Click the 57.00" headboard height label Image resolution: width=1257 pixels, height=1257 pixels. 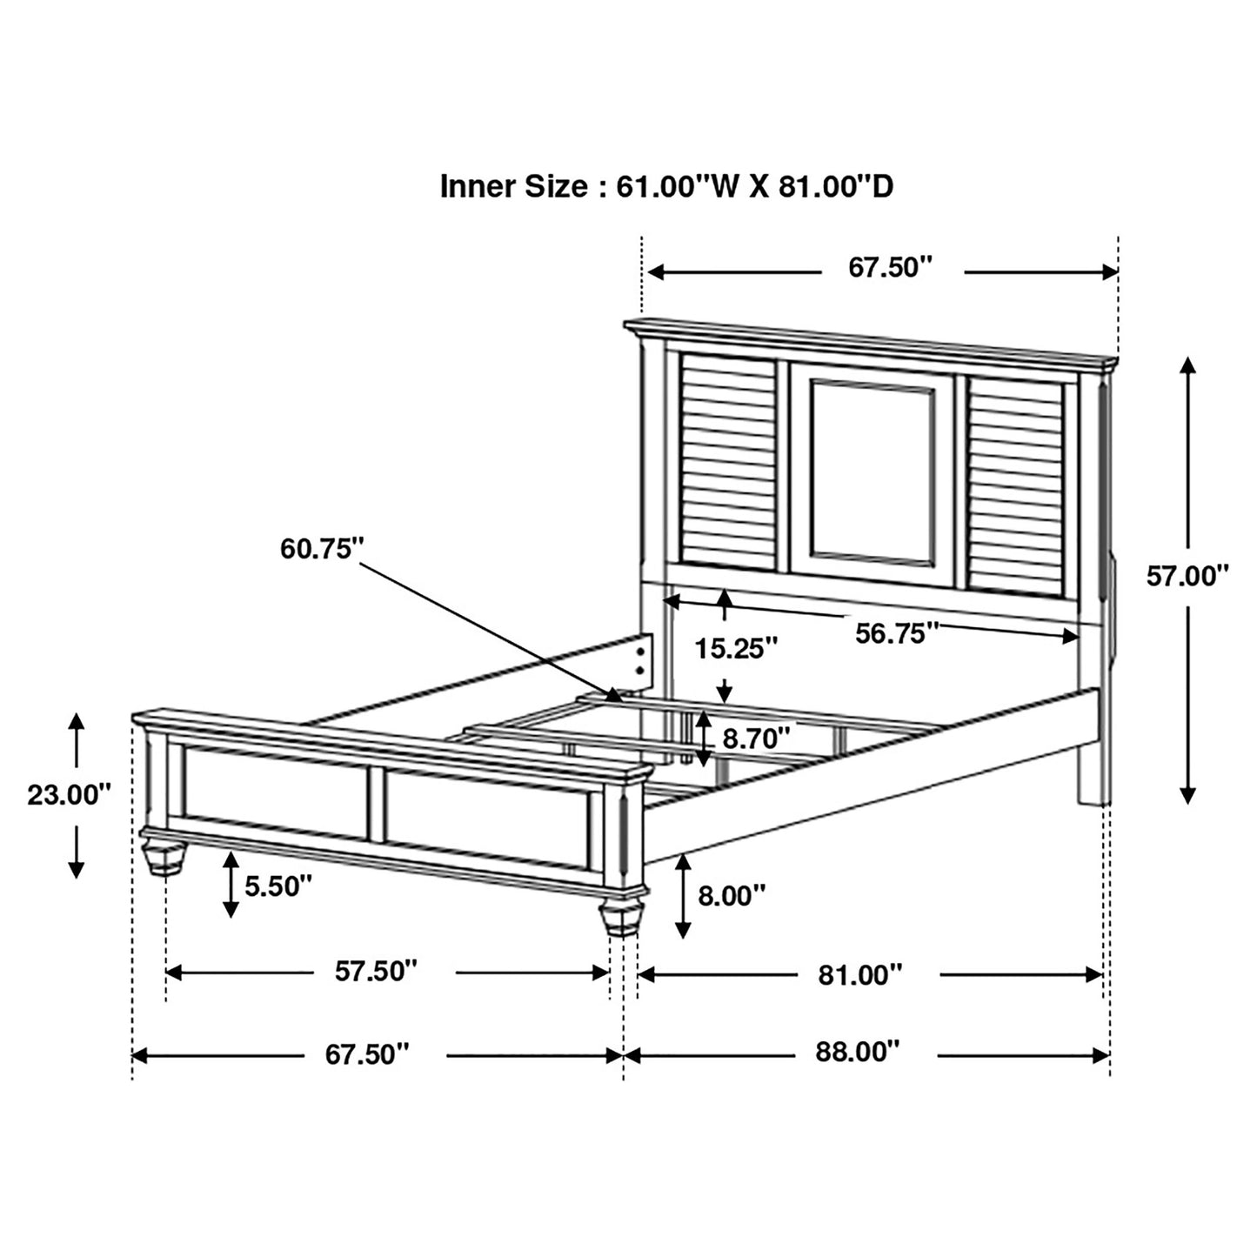(x=1187, y=576)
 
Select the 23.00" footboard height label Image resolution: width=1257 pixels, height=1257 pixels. (x=69, y=795)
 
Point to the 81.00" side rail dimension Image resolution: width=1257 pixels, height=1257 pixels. (x=860, y=975)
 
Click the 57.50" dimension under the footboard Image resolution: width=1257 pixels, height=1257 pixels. (x=377, y=972)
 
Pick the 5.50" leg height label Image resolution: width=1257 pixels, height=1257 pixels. (x=277, y=886)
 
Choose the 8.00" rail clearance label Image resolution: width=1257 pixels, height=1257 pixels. (x=731, y=895)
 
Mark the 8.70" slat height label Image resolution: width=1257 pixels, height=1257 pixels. (x=756, y=739)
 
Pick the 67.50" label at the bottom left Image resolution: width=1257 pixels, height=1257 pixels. (x=367, y=1054)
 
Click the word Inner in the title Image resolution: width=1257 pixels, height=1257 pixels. (x=478, y=186)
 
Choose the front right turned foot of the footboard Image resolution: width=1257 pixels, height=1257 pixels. (x=619, y=919)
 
